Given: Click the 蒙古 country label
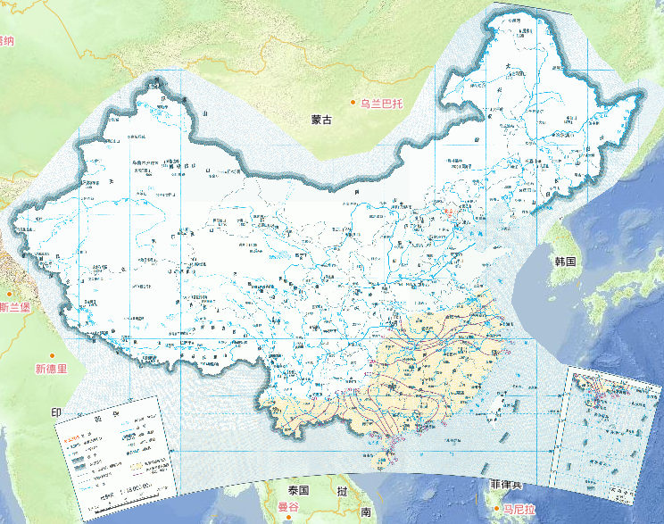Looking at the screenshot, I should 321,120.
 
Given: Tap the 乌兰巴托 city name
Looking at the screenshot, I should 382,104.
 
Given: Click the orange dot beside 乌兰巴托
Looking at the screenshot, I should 353,103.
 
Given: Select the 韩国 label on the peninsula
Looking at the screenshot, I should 567,262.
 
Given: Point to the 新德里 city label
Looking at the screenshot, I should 51,369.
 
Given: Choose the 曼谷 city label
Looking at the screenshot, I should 288,507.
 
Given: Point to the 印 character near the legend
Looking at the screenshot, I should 55,412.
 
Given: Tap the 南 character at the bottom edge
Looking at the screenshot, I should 366,512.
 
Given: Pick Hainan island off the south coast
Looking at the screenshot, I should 386,461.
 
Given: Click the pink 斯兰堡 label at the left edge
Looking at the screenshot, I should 15,308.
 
